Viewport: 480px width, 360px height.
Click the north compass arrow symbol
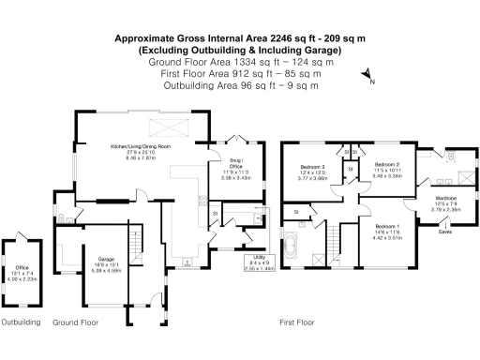pyautogui.click(x=366, y=80)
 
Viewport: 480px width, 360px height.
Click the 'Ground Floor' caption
pyautogui.click(x=76, y=322)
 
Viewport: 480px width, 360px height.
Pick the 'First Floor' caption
pyautogui.click(x=296, y=322)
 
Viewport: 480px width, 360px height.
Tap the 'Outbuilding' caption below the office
pyautogui.click(x=21, y=322)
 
